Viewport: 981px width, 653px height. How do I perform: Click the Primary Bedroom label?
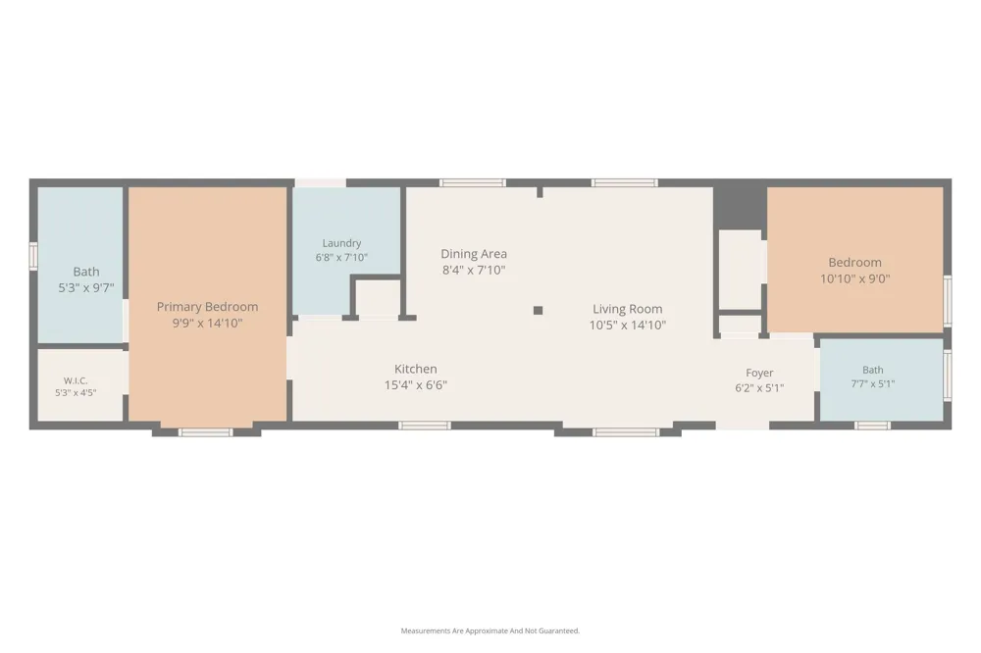point(207,307)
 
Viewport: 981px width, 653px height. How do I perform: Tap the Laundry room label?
point(341,243)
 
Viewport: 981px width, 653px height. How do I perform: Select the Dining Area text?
point(474,253)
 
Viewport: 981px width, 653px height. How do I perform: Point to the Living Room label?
point(628,309)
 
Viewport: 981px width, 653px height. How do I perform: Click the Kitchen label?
point(415,369)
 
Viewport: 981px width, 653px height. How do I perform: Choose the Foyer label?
point(759,373)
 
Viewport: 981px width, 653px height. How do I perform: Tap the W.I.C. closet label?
point(76,380)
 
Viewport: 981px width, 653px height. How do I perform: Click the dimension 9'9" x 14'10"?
point(207,324)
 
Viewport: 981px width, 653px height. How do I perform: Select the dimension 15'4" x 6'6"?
point(415,385)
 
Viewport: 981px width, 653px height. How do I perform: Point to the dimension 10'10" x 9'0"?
point(854,279)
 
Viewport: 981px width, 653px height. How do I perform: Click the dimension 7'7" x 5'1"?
point(873,384)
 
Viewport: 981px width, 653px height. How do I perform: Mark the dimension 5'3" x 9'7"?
point(86,288)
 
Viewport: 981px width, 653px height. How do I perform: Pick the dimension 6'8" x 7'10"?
point(341,257)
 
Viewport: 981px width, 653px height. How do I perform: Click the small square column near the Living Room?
point(538,310)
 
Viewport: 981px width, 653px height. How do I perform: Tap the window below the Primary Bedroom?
point(206,432)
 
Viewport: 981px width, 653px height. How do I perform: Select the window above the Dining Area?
point(473,182)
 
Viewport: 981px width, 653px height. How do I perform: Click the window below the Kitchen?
point(425,426)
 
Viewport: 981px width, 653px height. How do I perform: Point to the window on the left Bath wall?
point(33,257)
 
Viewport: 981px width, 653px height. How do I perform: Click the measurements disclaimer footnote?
point(490,631)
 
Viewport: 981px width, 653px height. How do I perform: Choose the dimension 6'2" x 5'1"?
point(759,388)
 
